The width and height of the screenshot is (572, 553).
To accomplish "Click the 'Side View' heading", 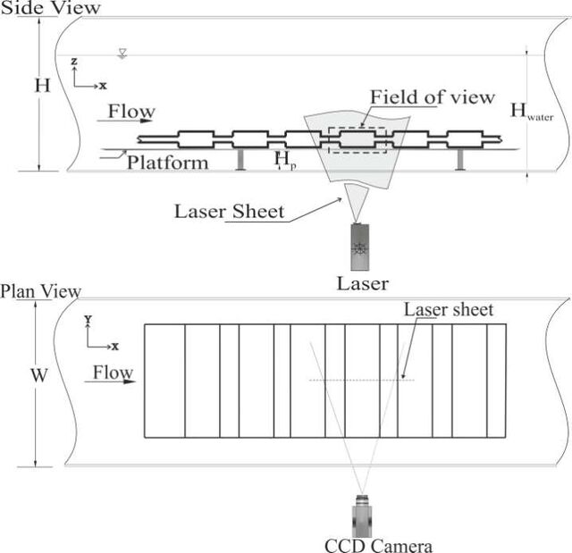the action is point(50,7).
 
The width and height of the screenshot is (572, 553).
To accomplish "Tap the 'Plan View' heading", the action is point(40,291).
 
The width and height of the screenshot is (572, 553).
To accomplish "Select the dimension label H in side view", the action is point(42,86).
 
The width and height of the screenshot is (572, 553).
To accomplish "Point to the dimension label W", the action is point(39,375).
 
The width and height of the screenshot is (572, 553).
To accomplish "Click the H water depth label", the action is point(532,111).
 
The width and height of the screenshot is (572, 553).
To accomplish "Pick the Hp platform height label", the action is point(285,161).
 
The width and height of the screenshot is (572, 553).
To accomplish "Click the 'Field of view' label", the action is point(433,97).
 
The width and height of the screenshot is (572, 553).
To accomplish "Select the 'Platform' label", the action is point(167,163).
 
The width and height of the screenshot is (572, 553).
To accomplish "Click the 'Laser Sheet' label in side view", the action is point(229,211).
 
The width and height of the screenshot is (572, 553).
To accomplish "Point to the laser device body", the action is point(359,247).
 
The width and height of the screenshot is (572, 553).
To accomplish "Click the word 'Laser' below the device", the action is point(362,283).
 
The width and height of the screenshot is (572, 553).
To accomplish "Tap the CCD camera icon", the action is point(362,515).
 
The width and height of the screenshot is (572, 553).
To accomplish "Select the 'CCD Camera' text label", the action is point(378,545).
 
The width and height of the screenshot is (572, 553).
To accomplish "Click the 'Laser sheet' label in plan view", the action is point(449,309).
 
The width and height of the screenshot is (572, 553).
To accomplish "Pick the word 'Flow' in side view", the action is point(131,111).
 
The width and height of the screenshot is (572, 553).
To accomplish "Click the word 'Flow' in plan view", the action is point(113,373).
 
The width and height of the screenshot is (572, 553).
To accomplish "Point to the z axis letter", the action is point(74,61).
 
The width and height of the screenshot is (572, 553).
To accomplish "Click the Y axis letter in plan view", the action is point(88,320).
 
